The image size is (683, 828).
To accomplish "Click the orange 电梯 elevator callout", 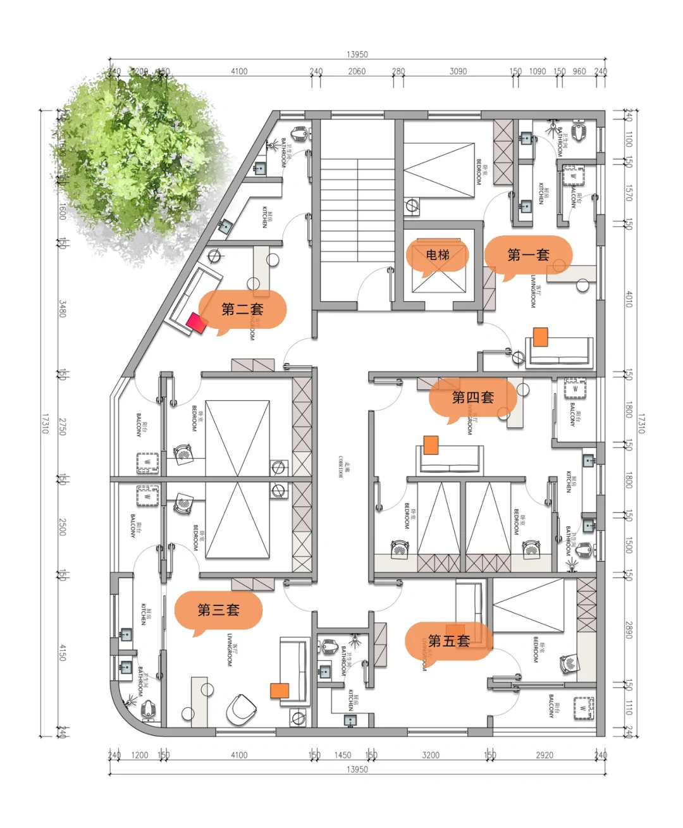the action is point(437,255).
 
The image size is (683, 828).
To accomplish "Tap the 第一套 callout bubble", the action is point(528,255).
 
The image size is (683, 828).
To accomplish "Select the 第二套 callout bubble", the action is point(242,309).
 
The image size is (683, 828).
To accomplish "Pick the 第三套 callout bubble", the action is point(218,610).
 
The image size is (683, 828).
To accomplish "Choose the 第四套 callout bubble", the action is point(472,397).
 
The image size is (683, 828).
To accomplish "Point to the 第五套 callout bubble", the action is point(448,641).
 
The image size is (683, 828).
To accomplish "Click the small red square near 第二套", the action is point(196,323).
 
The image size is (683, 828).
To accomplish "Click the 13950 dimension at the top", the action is point(357,54).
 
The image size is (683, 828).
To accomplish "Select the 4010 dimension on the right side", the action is point(629,299).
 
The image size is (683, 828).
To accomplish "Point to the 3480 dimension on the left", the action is point(62,308).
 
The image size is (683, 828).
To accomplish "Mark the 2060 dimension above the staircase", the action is point(357,71).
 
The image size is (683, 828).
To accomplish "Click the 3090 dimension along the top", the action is point(458,71).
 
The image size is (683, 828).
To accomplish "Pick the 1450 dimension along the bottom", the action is point(342,755).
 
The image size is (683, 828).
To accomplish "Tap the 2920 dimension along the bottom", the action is point(544,755).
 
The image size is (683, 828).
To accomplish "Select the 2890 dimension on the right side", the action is point(629,629).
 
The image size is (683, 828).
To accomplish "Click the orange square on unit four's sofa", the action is point(431,445).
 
